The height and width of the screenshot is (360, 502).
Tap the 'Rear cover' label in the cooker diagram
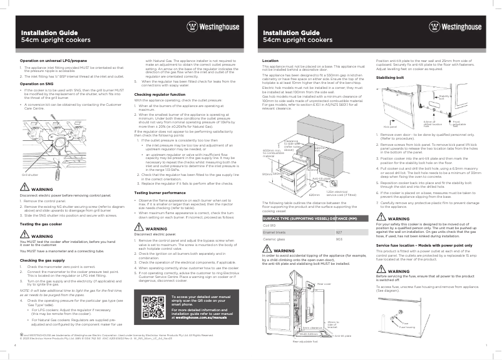[324, 284]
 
